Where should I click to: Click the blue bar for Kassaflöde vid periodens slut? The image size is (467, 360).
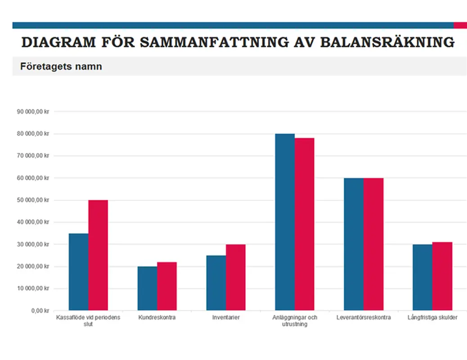(78, 272)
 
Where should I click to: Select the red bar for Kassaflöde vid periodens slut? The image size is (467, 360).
(98, 255)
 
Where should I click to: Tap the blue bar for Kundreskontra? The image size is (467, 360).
(147, 288)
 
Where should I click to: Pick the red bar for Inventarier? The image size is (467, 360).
(236, 277)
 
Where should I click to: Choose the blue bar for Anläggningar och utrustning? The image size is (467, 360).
(285, 222)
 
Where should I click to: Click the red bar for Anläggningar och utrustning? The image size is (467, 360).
(305, 224)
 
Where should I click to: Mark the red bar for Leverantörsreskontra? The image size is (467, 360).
(373, 244)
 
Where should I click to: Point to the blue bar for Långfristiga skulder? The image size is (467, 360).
(422, 277)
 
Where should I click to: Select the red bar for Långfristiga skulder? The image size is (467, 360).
(442, 276)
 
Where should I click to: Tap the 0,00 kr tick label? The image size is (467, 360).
(40, 310)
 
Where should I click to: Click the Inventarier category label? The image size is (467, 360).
(226, 317)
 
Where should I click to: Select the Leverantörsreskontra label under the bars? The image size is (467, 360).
(364, 317)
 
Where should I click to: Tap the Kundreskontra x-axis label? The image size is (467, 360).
(157, 317)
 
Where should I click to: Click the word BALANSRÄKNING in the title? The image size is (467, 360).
(387, 42)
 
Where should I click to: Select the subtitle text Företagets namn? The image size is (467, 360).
(61, 67)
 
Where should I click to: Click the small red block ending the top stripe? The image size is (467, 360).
(460, 25)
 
